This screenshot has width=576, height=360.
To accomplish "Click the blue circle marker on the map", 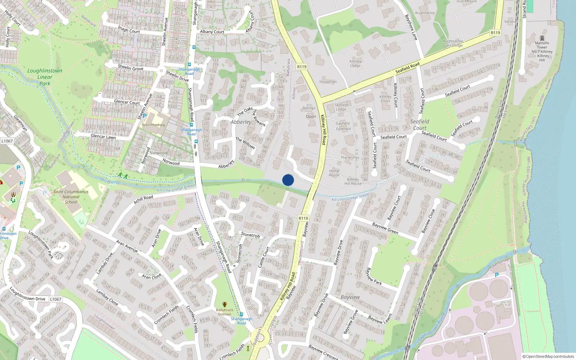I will [288, 180].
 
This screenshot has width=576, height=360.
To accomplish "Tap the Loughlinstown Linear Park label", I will [45, 77].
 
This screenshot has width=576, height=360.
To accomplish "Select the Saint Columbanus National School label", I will [71, 197].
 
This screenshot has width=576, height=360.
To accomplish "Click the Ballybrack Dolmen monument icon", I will [225, 305].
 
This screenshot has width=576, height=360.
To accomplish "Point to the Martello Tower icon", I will [542, 38].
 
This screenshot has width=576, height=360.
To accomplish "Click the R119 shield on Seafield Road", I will [495, 33].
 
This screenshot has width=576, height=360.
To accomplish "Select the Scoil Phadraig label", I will [153, 125].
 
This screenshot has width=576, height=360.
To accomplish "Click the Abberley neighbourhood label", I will [241, 122].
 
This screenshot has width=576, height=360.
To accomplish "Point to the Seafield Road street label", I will [408, 67].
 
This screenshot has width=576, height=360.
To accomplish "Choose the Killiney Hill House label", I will [353, 181].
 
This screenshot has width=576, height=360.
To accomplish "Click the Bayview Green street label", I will [385, 228].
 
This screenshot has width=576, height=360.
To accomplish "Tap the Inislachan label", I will [328, 82].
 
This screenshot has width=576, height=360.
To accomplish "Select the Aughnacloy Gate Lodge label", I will [453, 43].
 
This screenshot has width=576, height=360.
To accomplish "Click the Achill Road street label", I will [143, 199].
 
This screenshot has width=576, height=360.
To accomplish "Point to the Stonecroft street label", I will [251, 235].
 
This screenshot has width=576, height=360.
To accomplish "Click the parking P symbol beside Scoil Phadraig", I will [145, 116].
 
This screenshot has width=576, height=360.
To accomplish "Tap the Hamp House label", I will [334, 173].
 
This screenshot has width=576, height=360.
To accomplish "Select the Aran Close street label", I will [152, 276].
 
